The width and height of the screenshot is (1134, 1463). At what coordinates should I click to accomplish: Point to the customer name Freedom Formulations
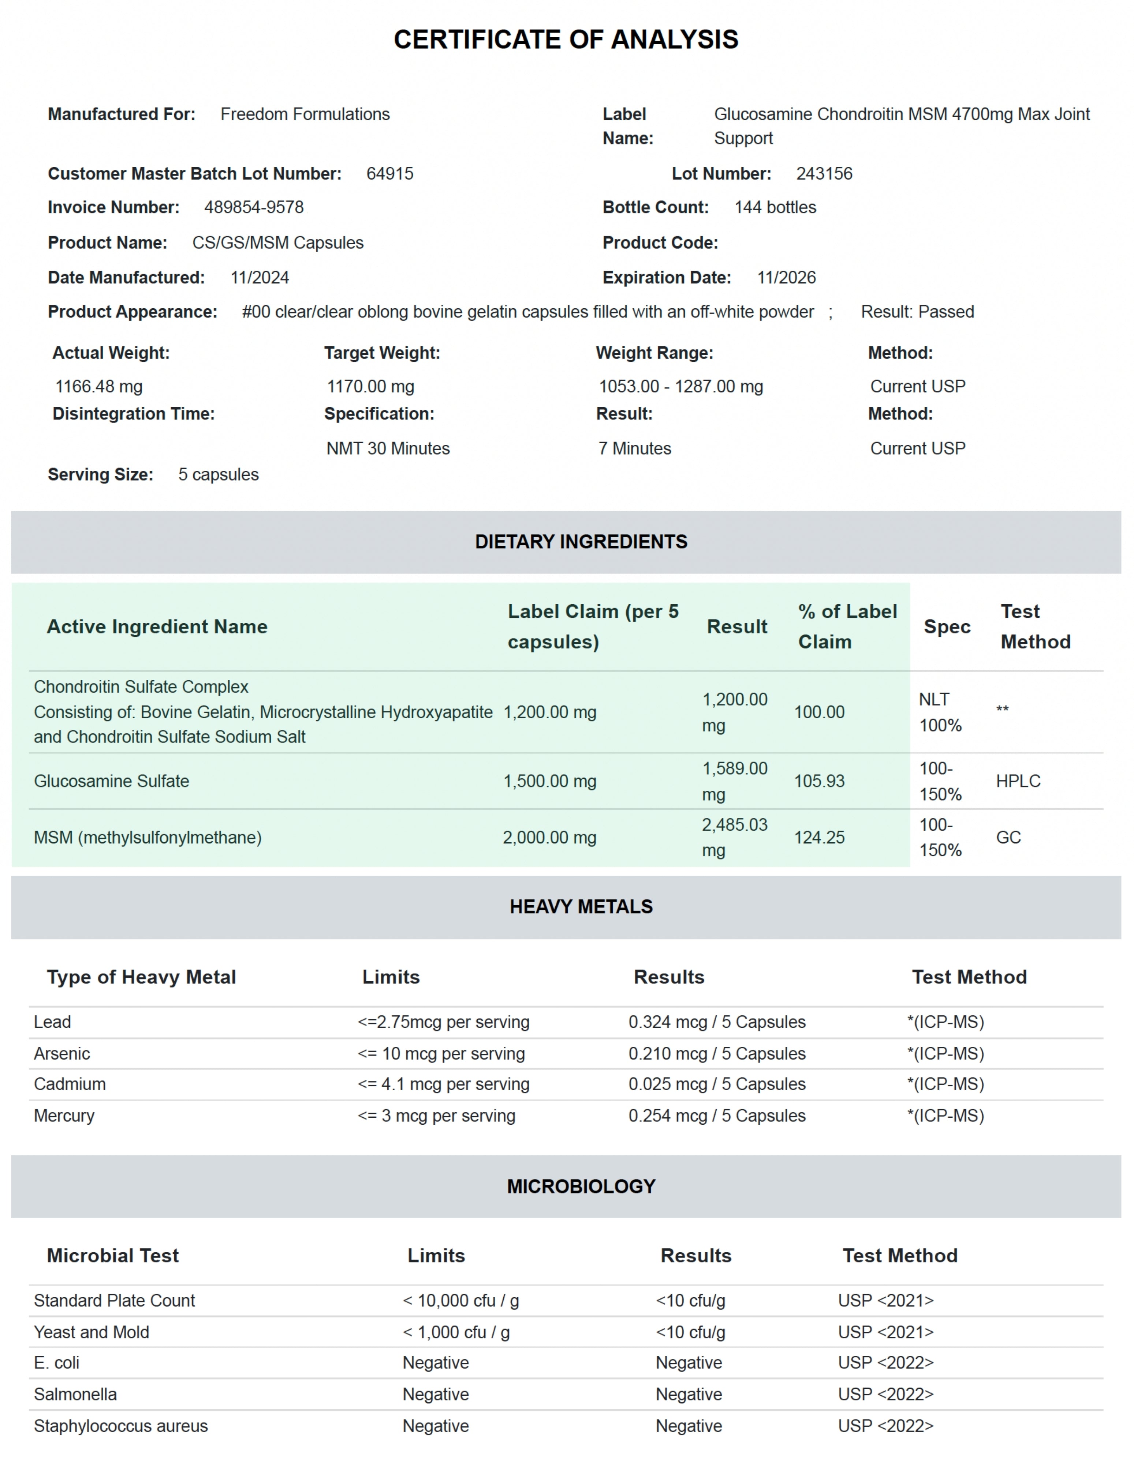click(x=305, y=114)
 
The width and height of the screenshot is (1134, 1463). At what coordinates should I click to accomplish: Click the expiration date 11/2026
click(x=786, y=278)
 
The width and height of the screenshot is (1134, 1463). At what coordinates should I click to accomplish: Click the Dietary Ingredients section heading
click(x=581, y=542)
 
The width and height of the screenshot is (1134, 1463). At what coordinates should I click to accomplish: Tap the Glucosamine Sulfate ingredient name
click(x=111, y=781)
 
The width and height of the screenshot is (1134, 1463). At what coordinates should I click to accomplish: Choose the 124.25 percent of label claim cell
click(x=819, y=837)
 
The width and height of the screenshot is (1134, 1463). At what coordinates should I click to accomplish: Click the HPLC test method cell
click(x=1017, y=781)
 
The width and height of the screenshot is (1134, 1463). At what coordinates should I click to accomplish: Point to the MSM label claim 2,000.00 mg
click(x=549, y=837)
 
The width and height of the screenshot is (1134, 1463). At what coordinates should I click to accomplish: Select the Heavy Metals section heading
click(x=581, y=907)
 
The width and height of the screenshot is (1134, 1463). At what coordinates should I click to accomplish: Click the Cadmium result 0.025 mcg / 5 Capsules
click(x=716, y=1084)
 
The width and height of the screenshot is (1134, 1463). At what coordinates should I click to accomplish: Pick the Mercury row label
click(x=64, y=1116)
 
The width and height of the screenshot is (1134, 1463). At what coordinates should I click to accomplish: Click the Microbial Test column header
click(x=113, y=1256)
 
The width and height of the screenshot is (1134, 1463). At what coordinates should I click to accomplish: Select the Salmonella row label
click(x=75, y=1395)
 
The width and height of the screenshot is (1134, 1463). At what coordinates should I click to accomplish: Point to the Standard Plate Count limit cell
click(x=460, y=1301)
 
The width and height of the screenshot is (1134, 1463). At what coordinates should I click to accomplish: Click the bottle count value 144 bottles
click(x=775, y=208)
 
